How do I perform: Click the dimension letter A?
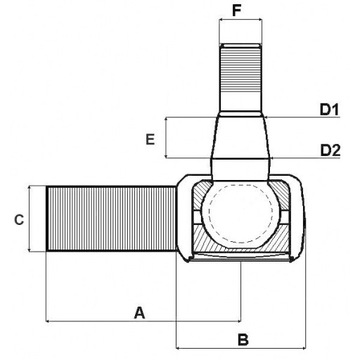(139, 312)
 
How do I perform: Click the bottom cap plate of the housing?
(239, 258)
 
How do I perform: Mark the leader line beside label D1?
(295, 118)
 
